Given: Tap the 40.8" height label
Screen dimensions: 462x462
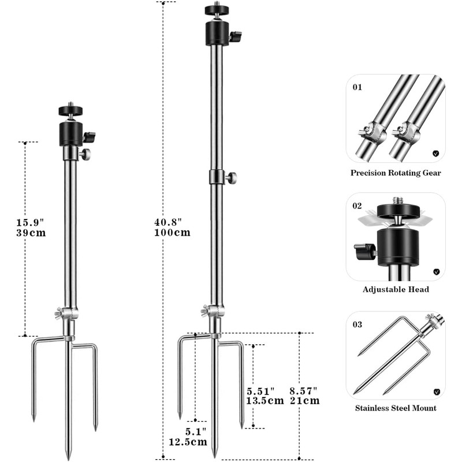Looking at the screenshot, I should tap(169, 222).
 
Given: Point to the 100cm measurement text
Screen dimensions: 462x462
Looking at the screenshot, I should tap(172, 233).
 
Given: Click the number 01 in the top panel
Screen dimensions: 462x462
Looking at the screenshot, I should tap(357, 88).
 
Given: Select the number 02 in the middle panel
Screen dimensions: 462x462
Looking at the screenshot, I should tap(357, 206).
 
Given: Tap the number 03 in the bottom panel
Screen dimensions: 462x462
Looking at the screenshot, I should tap(357, 325).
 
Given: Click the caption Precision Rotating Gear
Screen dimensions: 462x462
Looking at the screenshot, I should tap(396, 173).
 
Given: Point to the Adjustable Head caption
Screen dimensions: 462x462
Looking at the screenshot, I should tap(396, 290).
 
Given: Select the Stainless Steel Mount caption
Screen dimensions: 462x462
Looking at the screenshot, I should tap(396, 408).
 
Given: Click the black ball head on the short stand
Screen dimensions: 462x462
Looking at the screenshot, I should tap(72, 132).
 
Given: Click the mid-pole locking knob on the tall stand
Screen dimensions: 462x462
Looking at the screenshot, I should tap(232, 177).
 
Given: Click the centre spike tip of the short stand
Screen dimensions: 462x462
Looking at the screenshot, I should tap(69, 456).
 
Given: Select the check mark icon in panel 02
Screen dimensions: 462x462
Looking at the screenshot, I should tap(436, 271).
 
